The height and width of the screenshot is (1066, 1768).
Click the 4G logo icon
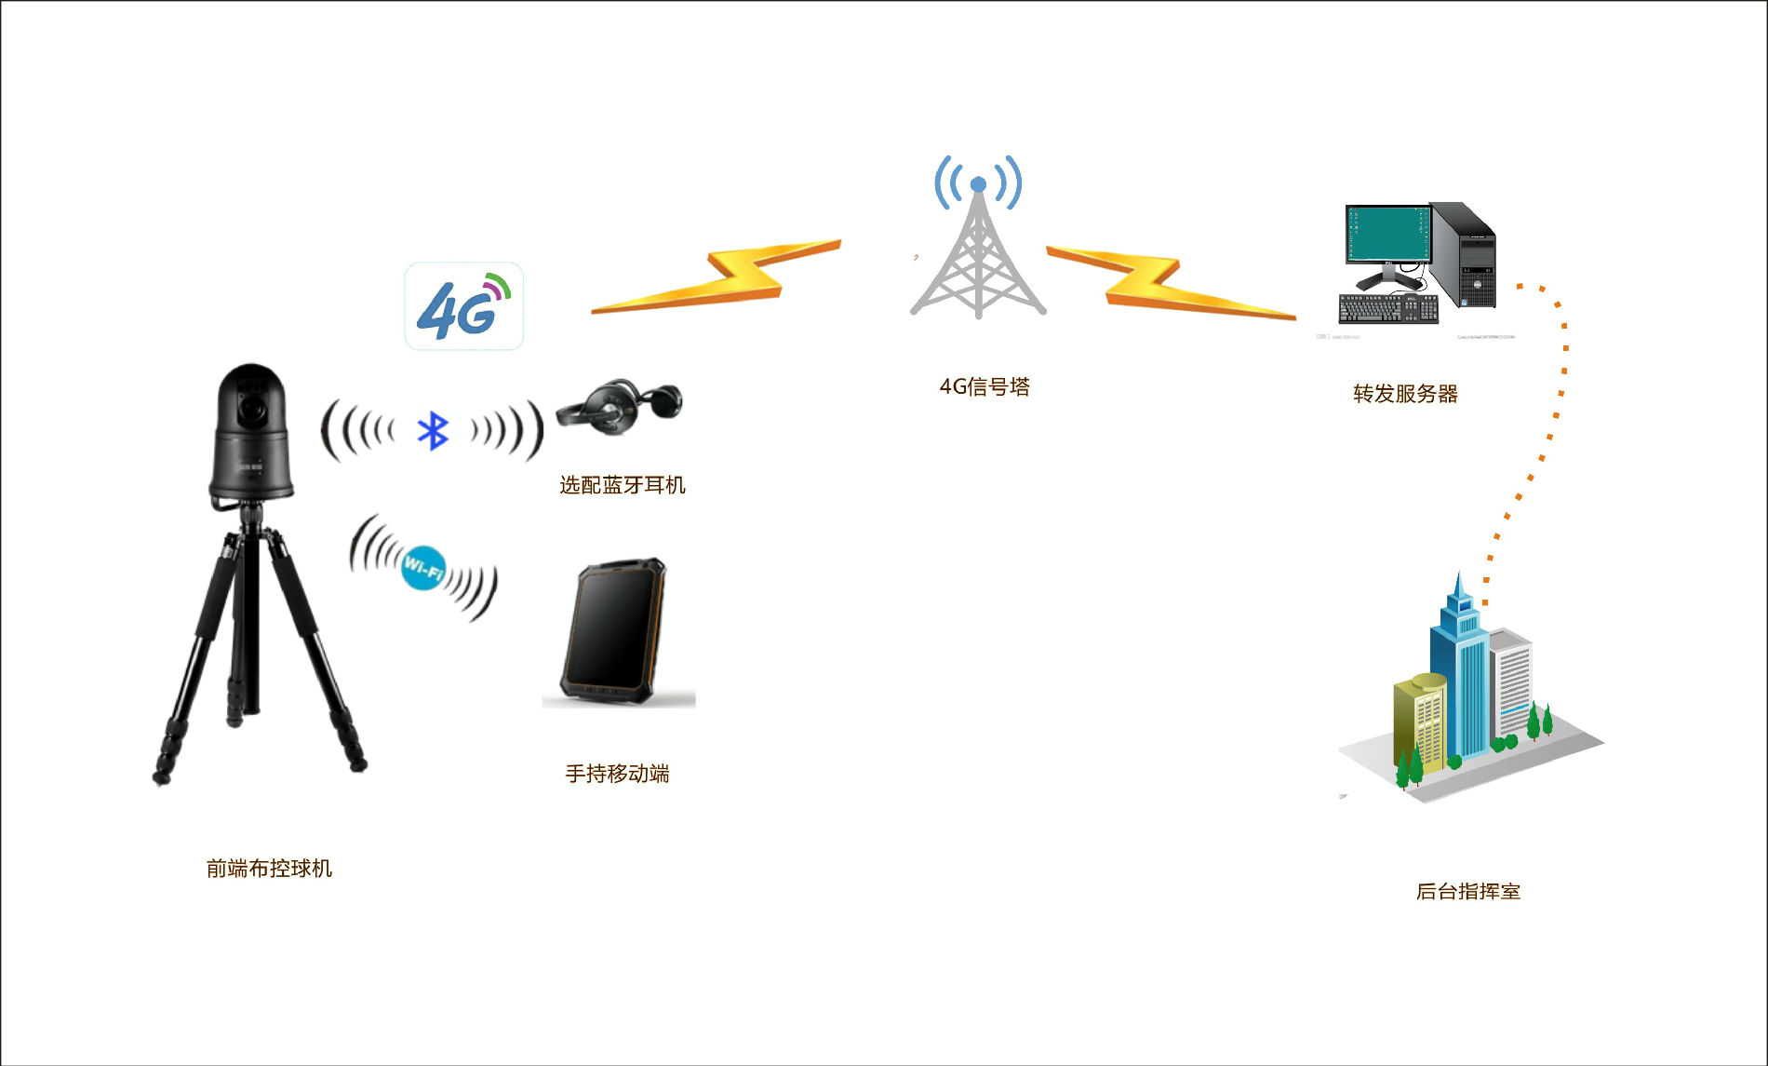point(463,306)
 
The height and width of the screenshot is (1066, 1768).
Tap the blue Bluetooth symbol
point(433,430)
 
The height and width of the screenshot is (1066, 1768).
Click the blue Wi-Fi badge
point(423,568)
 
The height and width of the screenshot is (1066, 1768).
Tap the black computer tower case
point(1465,256)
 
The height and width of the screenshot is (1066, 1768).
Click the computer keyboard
point(1387,308)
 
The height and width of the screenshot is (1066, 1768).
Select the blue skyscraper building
point(1460,670)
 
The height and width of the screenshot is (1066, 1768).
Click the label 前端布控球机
point(269,869)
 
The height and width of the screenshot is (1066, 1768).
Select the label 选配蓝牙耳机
point(623,485)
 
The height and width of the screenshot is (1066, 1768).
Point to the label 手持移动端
point(617,774)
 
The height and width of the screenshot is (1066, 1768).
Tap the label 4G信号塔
point(984,387)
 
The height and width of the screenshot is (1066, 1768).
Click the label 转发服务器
point(1405,394)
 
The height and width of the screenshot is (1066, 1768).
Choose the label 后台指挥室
point(1467,891)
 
